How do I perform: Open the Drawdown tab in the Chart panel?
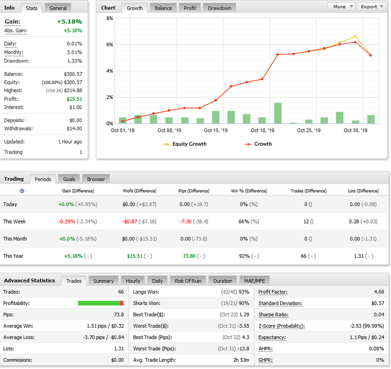coord(220,8)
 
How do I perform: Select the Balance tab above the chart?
coord(163,8)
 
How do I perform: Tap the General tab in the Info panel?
coord(58,8)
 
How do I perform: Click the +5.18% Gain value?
coord(69,22)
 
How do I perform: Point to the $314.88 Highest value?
coord(73,91)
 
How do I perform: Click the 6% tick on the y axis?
coord(110,45)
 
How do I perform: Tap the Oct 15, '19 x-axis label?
coord(216,130)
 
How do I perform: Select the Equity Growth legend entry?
coord(185,144)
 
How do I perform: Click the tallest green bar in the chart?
coord(278,113)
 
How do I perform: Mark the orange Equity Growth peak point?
coord(355,36)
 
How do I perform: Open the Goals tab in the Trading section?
coord(69,179)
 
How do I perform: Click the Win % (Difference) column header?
coord(249,191)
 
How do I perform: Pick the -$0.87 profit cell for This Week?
coord(130,221)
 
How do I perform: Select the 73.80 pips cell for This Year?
coord(189,256)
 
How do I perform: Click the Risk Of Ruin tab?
coord(188,281)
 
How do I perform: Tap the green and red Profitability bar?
coord(101,303)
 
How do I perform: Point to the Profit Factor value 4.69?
coord(379,292)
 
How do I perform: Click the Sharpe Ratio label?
coord(273,315)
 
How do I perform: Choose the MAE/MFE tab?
coord(255,281)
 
